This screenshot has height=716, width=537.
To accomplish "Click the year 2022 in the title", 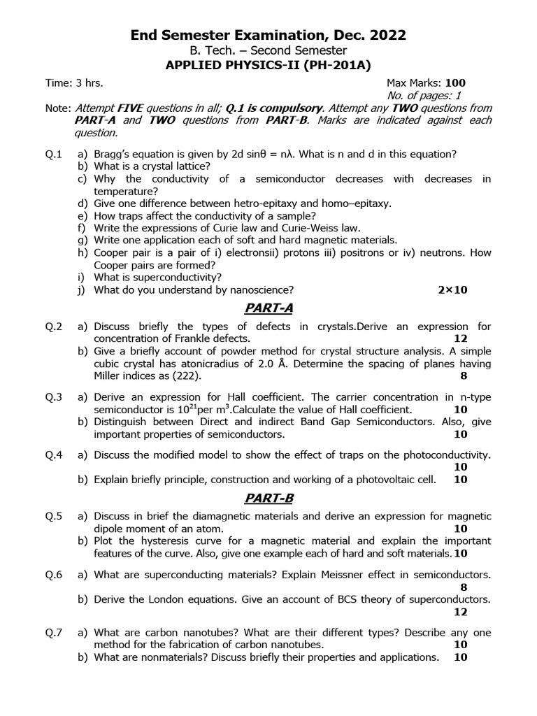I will point(386,35).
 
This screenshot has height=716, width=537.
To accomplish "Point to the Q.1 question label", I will point(55,154).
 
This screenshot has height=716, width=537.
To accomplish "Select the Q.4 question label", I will point(55,454).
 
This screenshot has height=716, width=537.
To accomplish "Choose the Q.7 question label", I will point(55,633).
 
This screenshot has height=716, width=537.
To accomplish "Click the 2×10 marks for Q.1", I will point(450,289).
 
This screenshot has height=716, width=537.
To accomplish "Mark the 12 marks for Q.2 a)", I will point(460,338).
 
